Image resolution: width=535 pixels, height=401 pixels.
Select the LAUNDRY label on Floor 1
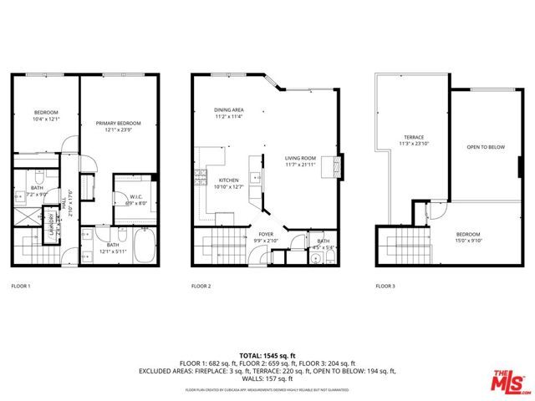[51, 227]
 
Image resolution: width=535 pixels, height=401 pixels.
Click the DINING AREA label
[228, 110]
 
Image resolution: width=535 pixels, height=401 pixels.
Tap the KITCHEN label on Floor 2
[229, 180]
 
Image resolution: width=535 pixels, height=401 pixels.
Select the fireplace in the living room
[337, 165]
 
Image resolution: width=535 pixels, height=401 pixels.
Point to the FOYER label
[266, 235]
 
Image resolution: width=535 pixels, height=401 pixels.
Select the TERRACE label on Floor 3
[414, 137]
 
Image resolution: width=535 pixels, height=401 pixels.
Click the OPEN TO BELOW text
[486, 147]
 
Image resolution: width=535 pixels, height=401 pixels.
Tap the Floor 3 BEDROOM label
[467, 234]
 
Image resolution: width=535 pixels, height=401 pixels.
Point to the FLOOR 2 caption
[201, 287]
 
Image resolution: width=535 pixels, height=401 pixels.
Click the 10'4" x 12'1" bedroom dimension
[46, 119]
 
